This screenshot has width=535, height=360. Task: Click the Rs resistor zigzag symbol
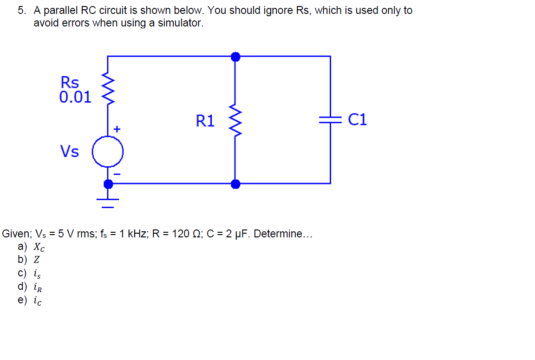(x=108, y=88)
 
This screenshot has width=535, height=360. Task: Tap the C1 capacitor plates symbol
(x=330, y=120)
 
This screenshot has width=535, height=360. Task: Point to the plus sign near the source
(x=117, y=128)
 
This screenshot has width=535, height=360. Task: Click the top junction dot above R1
(x=235, y=57)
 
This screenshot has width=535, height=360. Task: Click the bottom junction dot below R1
(x=235, y=184)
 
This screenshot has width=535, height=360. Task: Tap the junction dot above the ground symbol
(x=108, y=184)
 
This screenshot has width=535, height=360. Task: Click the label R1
(x=205, y=121)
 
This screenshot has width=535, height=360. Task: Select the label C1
(x=357, y=120)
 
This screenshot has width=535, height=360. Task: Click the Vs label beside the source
(x=70, y=151)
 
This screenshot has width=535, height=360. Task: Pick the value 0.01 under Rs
(x=76, y=97)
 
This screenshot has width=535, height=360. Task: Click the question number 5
(x=21, y=11)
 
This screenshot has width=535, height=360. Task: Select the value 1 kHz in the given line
(x=132, y=234)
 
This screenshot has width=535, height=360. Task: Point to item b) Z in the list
(x=28, y=260)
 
